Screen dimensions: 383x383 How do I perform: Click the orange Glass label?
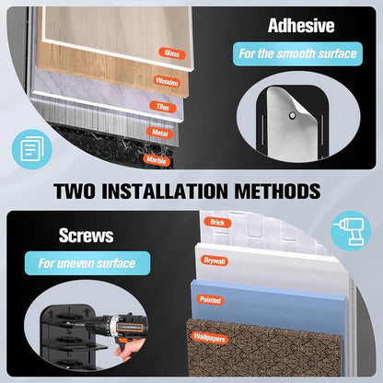(172, 53)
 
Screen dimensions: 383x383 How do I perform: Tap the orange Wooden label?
(167, 82)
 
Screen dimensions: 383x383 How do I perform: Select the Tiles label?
(163, 107)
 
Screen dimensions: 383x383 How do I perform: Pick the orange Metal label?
(160, 133)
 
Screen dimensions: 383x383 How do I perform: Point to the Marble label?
(157, 160)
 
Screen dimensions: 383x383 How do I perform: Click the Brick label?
(217, 223)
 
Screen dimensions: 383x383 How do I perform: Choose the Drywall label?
(215, 261)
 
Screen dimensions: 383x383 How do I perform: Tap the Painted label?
(210, 299)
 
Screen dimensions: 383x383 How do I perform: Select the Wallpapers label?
(209, 338)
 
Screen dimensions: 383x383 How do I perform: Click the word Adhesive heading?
(301, 26)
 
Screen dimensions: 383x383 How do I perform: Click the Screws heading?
(87, 236)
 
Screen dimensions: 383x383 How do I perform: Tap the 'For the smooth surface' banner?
(297, 54)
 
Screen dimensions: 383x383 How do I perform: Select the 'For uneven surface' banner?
(87, 263)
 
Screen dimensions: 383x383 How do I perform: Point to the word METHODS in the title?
(277, 191)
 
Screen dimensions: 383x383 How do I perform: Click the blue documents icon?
(32, 149)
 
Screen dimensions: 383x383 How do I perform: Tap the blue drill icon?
(351, 231)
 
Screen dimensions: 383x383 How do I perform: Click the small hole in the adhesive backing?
(293, 115)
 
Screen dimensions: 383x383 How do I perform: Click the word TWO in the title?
(75, 191)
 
